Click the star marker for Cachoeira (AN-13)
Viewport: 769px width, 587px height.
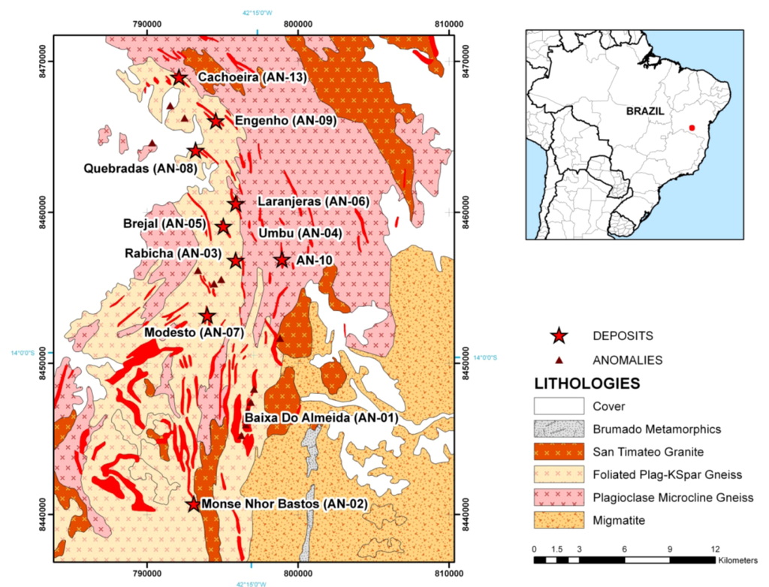point(179,77)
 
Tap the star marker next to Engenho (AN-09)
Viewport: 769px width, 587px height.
point(216,121)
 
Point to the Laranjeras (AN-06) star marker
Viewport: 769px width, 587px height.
point(236,203)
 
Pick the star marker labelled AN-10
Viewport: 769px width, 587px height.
point(282,260)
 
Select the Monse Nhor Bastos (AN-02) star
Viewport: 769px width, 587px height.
point(194,504)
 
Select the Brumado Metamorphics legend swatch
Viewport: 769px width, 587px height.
point(559,429)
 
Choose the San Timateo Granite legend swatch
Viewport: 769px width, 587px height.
point(559,452)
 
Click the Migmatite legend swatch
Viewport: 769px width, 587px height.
point(559,519)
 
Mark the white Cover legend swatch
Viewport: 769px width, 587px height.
point(559,406)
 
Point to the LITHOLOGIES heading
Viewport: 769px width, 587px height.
point(587,383)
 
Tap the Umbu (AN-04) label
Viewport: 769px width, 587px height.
point(300,233)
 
